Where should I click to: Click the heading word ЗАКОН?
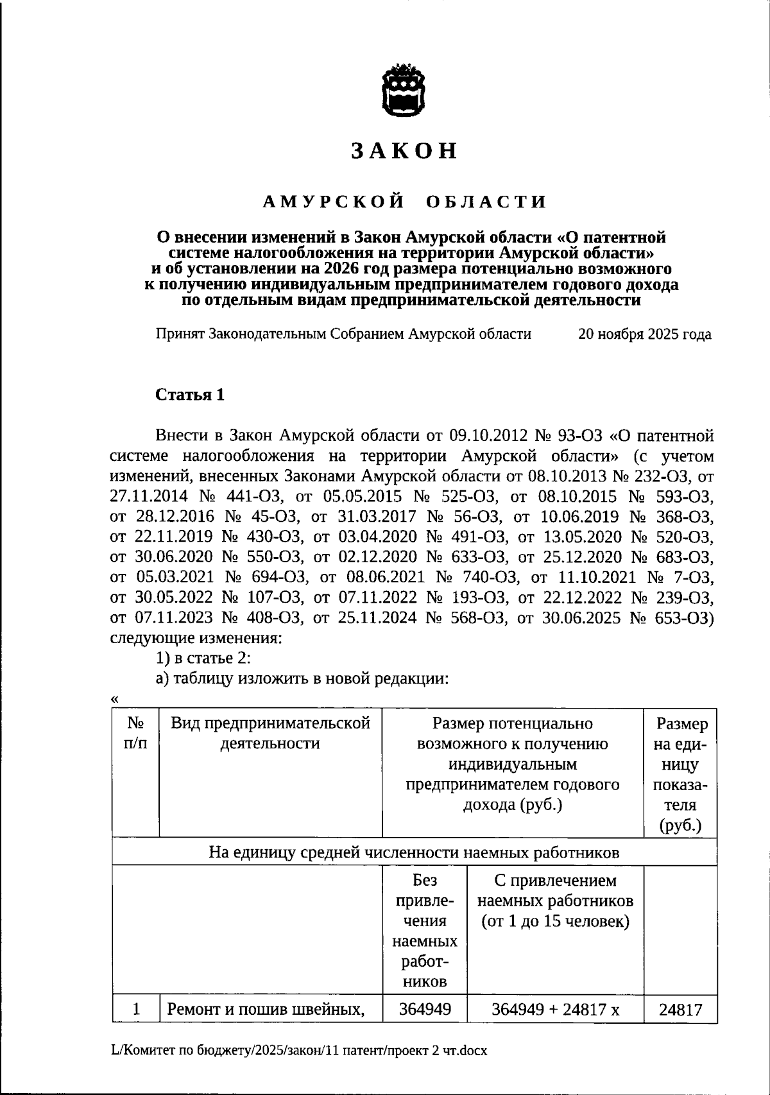coord(404,150)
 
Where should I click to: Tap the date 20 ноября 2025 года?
coord(644,334)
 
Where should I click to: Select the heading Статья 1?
coord(190,395)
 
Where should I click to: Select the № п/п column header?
coord(135,734)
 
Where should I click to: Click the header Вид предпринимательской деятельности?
coord(270,734)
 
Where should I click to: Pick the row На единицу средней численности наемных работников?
coord(414,853)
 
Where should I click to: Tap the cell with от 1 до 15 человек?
coord(555,922)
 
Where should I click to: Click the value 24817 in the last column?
coord(680,1010)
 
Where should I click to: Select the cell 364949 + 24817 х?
coord(555,1010)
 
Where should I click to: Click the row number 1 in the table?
coord(136,1010)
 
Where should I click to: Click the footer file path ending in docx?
coord(299,1051)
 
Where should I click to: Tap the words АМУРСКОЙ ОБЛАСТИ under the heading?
coord(404,202)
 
